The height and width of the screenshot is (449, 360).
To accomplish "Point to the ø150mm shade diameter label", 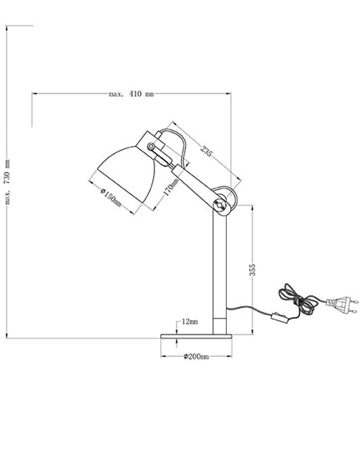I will coord(111,196).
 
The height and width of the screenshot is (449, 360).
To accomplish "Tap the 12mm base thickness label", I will coord(189,321).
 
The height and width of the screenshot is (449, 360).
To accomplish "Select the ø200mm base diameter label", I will coord(196,355).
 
